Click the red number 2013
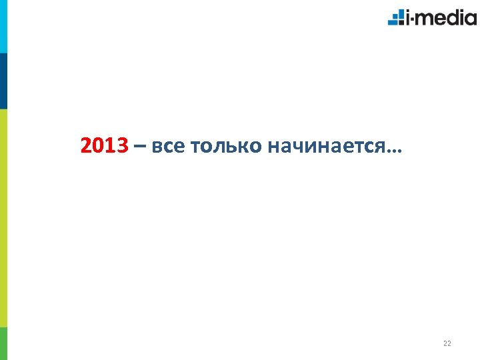click(x=103, y=145)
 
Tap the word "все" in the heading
click(x=168, y=146)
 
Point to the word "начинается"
click(x=326, y=146)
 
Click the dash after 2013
click(x=139, y=146)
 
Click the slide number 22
click(x=447, y=344)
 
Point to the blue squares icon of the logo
click(x=396, y=17)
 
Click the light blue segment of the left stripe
click(x=3, y=27)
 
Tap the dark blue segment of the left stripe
click(x=3, y=81)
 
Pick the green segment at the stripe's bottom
click(x=3, y=343)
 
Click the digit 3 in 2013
click(x=121, y=145)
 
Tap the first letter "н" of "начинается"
click(x=273, y=147)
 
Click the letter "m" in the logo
click(x=427, y=19)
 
